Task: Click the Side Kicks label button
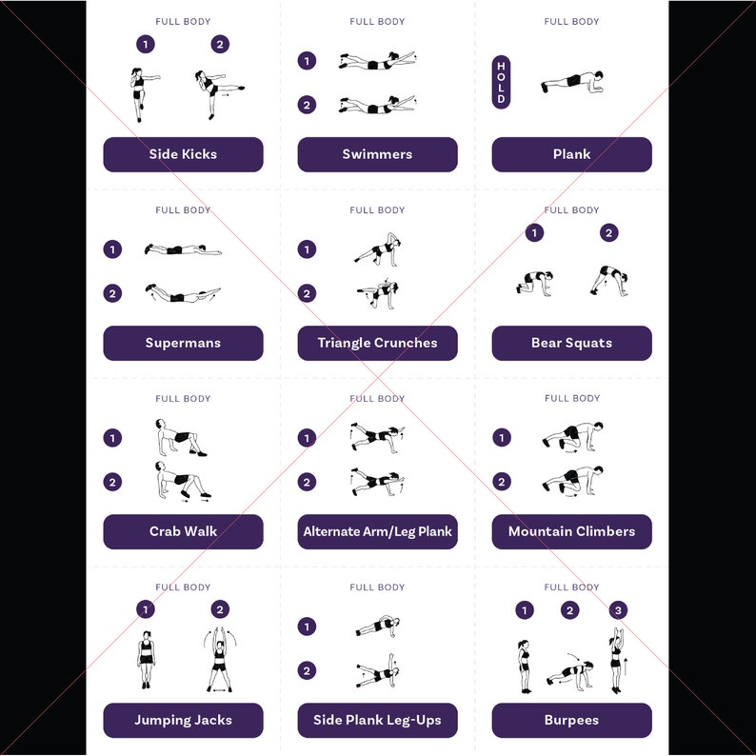183,154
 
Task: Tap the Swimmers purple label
377,154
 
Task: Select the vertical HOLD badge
501,82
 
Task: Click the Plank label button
571,154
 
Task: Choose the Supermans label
183,343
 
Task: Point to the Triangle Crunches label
377,343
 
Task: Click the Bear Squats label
571,343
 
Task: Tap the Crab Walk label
183,531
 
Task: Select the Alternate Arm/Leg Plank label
377,531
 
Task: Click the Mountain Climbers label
571,531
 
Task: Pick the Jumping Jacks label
183,720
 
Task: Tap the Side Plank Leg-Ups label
377,720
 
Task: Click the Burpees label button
571,720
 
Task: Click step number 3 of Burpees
618,610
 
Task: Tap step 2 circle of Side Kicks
220,44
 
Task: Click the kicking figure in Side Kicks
214,94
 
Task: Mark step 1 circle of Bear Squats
535,232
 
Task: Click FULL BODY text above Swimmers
377,22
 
